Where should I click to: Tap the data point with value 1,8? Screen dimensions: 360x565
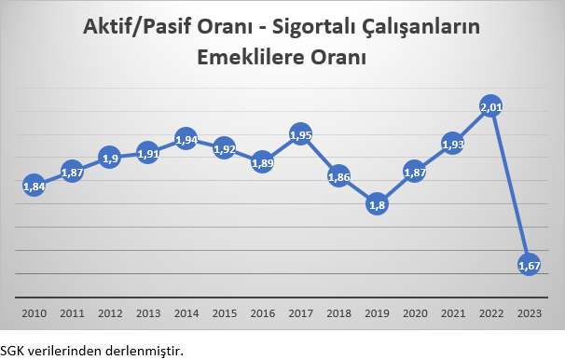coord(377,203)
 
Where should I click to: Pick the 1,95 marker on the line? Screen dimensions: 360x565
coord(300,134)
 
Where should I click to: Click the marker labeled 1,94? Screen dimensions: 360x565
coord(186,139)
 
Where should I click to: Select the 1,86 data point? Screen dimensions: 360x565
coord(338,175)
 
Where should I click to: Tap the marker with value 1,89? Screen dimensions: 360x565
coord(262,161)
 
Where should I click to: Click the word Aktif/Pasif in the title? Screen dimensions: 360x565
coord(142,28)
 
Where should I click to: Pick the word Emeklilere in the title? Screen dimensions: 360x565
coord(257,57)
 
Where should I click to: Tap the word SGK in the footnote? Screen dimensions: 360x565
coord(12,350)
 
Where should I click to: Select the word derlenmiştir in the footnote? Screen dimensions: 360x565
coord(150,350)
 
